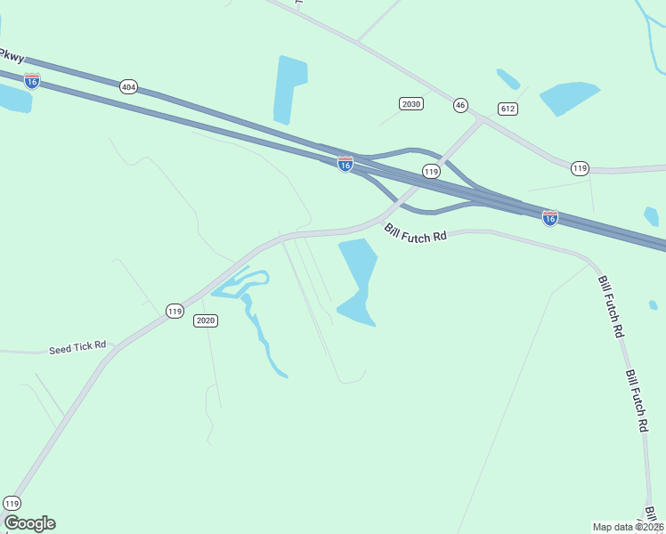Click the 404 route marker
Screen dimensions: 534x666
(128, 86)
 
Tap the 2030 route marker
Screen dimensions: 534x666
(410, 104)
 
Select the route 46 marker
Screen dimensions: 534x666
(459, 105)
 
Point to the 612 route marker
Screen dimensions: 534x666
(508, 109)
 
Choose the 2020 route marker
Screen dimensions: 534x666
(206, 320)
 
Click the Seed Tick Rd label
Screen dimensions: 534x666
(77, 345)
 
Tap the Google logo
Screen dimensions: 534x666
(29, 523)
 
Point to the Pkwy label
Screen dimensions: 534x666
(12, 55)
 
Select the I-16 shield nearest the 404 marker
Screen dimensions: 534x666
(32, 80)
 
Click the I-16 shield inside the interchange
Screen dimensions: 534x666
(345, 165)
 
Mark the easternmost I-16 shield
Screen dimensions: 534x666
(550, 218)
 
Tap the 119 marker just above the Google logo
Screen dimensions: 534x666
(12, 504)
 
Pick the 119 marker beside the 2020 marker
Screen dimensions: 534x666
(175, 311)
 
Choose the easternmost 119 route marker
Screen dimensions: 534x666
(580, 168)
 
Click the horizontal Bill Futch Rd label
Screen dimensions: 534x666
(416, 234)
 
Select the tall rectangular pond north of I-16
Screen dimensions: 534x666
(290, 90)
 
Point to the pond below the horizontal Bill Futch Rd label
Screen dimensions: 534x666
(358, 280)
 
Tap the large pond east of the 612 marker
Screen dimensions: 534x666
(569, 98)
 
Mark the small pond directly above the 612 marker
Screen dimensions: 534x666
(508, 79)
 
